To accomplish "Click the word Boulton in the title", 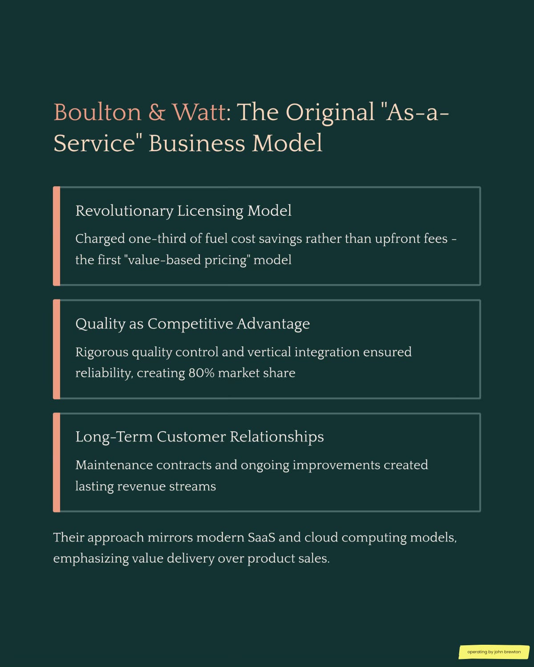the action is [97, 112].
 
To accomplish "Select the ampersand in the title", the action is [157, 112].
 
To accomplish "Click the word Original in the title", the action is [330, 112].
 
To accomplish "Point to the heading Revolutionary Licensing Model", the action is [183, 211].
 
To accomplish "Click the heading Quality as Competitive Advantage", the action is [192, 324].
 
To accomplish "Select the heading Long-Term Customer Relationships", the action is [199, 437].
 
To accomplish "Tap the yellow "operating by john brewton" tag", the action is [494, 652].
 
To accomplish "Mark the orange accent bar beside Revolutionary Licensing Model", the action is [57, 236].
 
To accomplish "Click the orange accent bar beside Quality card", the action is [57, 349].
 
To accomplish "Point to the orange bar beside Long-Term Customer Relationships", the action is [57, 462].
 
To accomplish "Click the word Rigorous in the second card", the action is [101, 352].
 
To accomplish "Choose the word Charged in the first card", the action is [100, 239].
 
